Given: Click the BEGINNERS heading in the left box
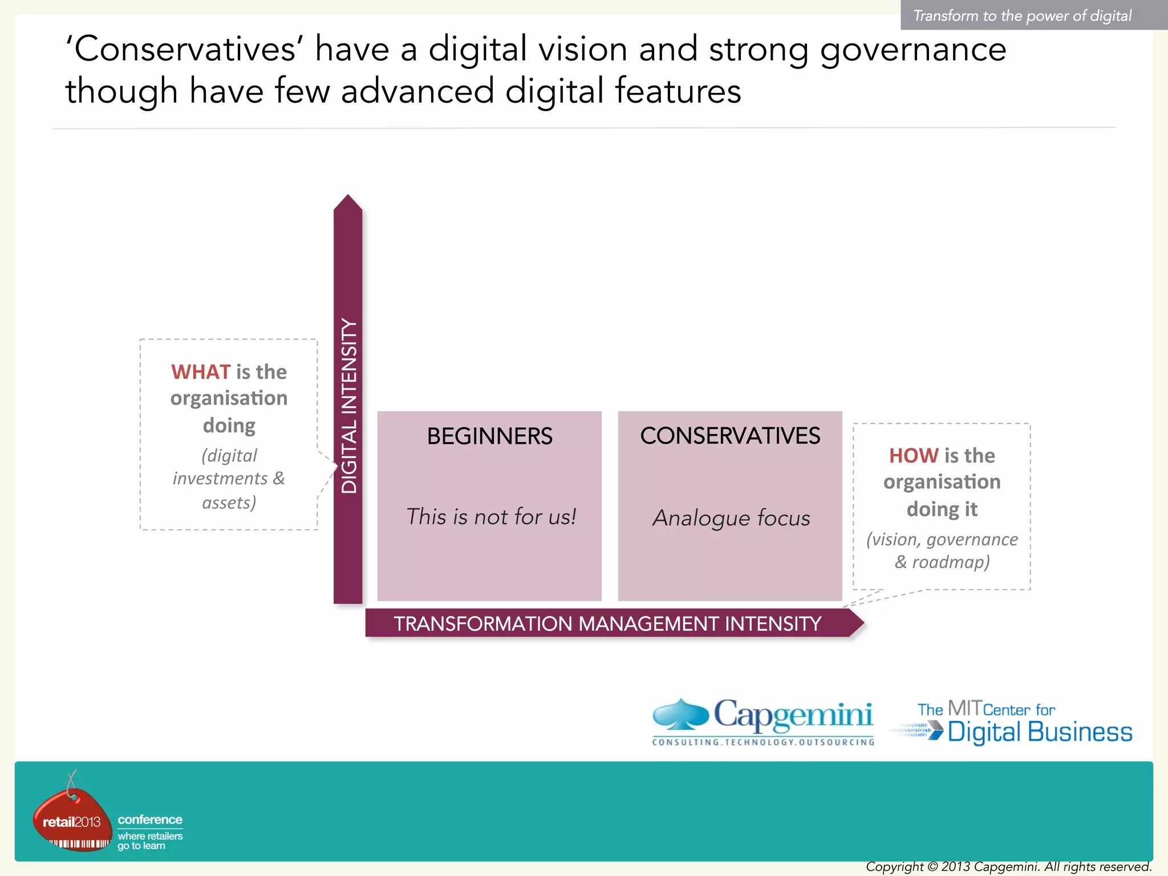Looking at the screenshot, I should pyautogui.click(x=489, y=436).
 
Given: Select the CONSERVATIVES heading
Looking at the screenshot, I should pyautogui.click(x=730, y=436).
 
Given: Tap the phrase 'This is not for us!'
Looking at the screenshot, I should pyautogui.click(x=490, y=517).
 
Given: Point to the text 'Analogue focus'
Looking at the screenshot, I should pyautogui.click(x=731, y=518).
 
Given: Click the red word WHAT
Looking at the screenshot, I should pyautogui.click(x=201, y=372).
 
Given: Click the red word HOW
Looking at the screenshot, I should pyautogui.click(x=914, y=456).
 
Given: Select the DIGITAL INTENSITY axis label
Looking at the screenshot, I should pyautogui.click(x=348, y=405).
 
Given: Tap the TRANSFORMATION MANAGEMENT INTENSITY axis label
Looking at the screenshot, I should pyautogui.click(x=607, y=623).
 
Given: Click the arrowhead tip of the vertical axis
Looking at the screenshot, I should pyautogui.click(x=348, y=197).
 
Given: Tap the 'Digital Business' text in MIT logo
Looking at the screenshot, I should pyautogui.click(x=1040, y=732).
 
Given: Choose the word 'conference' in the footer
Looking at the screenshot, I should pyautogui.click(x=150, y=820).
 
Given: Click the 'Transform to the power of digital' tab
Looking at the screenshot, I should pyautogui.click(x=1023, y=15).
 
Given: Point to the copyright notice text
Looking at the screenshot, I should pyautogui.click(x=1008, y=867).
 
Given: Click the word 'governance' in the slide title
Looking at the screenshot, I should pyautogui.click(x=913, y=50).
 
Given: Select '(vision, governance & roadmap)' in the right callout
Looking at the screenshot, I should pyautogui.click(x=942, y=550).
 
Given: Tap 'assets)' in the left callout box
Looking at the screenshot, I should pyautogui.click(x=229, y=502).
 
